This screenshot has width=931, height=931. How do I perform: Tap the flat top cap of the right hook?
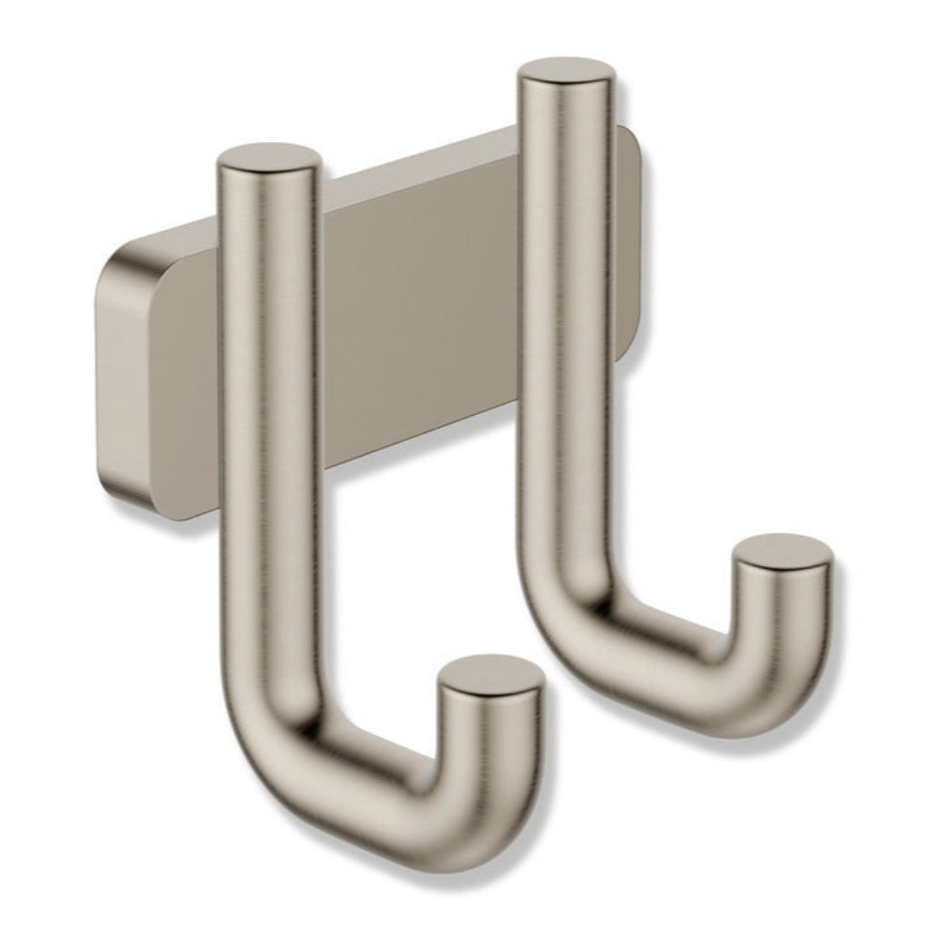(x=566, y=73)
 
